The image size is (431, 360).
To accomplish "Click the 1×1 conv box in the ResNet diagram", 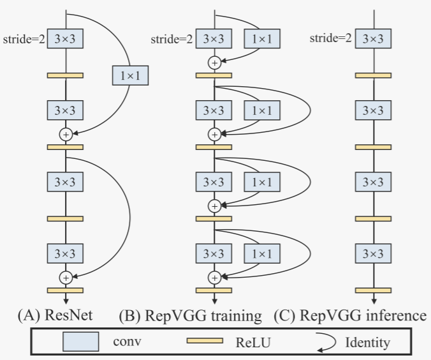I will [x=130, y=77].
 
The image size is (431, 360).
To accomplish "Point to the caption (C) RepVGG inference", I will [x=350, y=315].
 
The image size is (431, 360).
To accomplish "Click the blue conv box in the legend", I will [x=80, y=342].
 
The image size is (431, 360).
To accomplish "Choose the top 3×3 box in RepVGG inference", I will [x=373, y=39].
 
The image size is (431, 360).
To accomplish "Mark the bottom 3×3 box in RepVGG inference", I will [x=373, y=253].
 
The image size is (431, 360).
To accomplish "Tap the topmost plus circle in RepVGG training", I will [x=214, y=63].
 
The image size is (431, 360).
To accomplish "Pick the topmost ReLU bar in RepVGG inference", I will [x=373, y=75].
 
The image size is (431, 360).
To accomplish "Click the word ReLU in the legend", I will [x=256, y=343].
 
